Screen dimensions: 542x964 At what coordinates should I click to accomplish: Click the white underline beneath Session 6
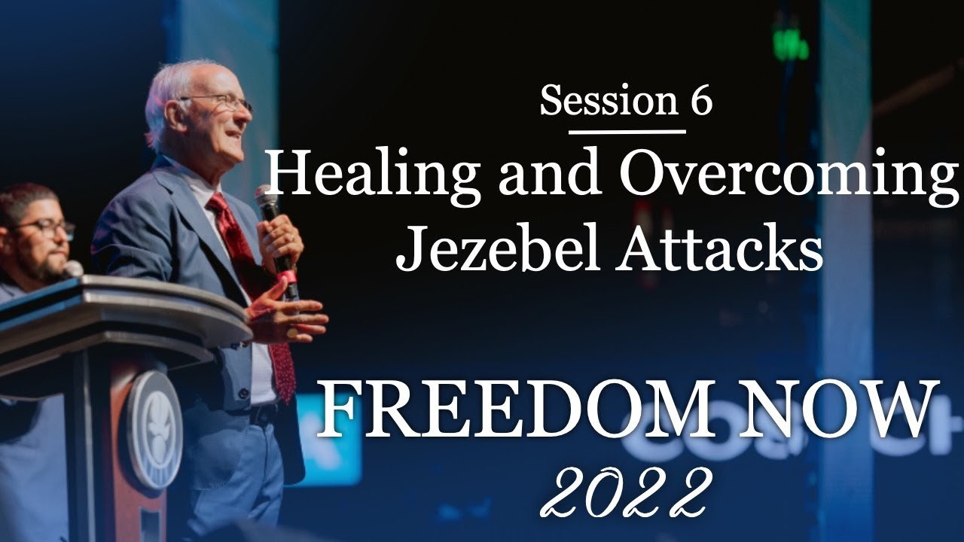pyautogui.click(x=627, y=132)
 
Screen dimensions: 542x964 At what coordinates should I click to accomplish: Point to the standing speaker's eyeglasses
pyautogui.click(x=218, y=101)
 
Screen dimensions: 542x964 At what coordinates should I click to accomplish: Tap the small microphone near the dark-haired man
pyautogui.click(x=74, y=267)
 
